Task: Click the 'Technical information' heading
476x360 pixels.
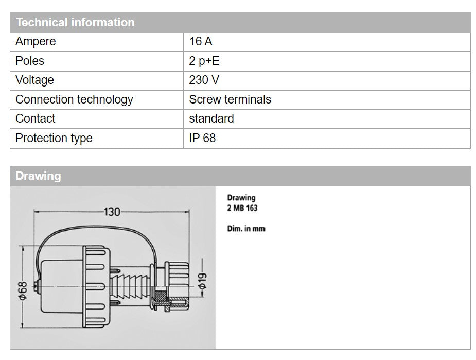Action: click(75, 23)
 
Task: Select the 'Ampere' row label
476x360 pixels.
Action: click(36, 42)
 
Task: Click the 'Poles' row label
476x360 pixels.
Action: click(30, 61)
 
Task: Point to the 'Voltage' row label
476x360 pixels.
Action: click(34, 80)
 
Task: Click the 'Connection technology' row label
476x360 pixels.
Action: click(75, 99)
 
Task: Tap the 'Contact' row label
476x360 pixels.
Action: click(35, 118)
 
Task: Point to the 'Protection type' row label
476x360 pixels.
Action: click(54, 138)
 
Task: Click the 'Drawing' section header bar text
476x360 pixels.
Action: click(38, 176)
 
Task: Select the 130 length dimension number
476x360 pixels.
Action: click(112, 212)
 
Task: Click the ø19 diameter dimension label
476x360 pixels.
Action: click(202, 281)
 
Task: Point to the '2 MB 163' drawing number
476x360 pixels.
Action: click(242, 208)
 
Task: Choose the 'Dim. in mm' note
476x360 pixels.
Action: click(246, 229)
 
